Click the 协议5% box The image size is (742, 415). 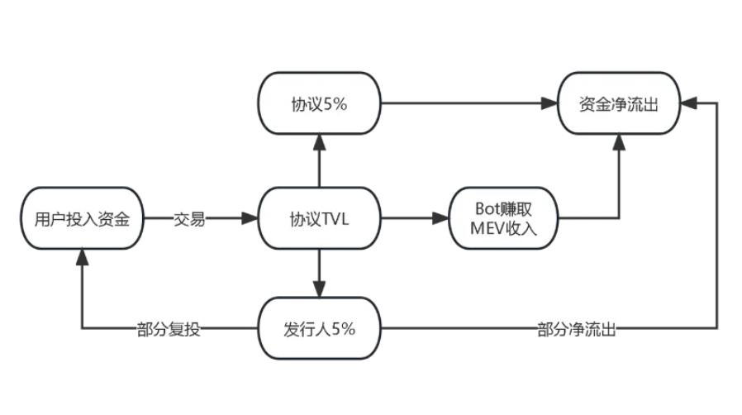tap(319, 104)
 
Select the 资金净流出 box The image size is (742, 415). tap(619, 104)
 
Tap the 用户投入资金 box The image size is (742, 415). tap(82, 219)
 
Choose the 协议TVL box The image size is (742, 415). tap(319, 219)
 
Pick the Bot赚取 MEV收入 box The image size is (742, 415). tap(504, 219)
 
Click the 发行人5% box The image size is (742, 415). tap(319, 328)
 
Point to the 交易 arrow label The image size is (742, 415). tap(189, 219)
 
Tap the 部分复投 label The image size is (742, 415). tap(169, 329)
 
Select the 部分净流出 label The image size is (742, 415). tap(577, 329)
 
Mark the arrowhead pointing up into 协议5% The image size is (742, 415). tap(319, 142)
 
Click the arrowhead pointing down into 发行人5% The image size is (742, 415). tap(319, 290)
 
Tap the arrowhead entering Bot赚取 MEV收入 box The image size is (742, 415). tap(441, 219)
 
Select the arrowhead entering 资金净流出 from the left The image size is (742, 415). tap(551, 104)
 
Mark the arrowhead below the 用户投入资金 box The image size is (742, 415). tap(82, 257)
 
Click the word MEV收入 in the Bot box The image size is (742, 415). tap(504, 229)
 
